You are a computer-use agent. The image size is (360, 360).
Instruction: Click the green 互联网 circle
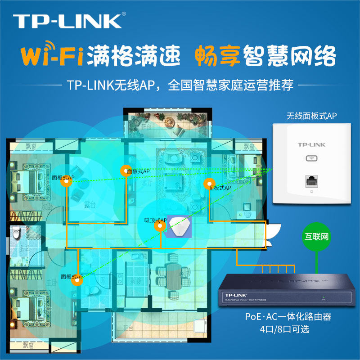coord(317,236)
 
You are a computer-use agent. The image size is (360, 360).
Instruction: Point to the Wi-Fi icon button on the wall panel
coord(311,158)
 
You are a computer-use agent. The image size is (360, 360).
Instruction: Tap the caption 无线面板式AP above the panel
coord(311,116)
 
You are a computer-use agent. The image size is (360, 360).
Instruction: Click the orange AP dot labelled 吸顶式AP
coord(160,226)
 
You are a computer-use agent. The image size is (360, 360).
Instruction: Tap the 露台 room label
coord(90,204)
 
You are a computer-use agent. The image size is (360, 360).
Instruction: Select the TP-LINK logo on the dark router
coord(233,292)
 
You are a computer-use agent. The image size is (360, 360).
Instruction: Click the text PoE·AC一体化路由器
coord(288,317)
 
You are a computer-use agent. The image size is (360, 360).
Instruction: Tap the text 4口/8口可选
coord(288,329)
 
